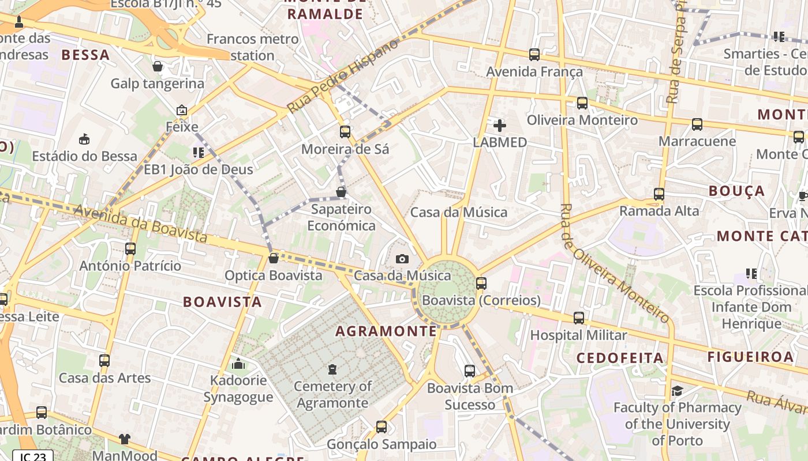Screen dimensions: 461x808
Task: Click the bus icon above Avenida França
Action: coord(534,55)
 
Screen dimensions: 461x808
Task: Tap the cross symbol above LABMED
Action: coord(500,125)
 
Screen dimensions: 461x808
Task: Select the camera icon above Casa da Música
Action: coord(402,259)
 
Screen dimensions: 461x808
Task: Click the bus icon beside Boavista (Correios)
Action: coord(481,284)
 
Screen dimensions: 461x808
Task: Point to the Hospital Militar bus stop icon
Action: coord(579,318)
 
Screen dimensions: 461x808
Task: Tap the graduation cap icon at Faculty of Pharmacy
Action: coord(677,391)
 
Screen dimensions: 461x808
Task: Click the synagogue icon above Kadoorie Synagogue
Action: coord(238,364)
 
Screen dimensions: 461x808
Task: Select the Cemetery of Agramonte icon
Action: coord(332,369)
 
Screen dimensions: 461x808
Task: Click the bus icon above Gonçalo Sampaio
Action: coord(381,427)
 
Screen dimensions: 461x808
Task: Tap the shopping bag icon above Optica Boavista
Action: coord(274,258)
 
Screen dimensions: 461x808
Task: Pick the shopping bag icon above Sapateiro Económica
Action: coord(341,192)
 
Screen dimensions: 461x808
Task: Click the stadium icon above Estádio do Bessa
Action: coord(84,139)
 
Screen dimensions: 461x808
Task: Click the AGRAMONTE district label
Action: coord(386,331)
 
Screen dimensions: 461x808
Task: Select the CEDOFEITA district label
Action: coord(620,358)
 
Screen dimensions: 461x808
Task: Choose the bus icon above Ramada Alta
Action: coord(659,194)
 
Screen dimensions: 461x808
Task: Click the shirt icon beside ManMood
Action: coord(125,439)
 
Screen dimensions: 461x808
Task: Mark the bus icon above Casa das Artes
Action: coord(104,361)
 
